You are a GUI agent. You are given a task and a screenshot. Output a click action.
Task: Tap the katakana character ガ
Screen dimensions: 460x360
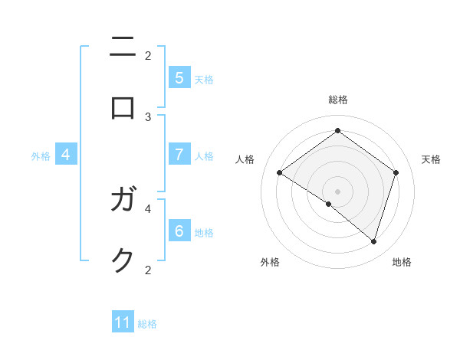click(x=123, y=201)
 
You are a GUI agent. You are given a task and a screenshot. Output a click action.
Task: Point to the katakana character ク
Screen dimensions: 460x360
click(x=123, y=260)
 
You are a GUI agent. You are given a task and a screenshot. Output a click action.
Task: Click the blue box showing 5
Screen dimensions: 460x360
click(x=179, y=77)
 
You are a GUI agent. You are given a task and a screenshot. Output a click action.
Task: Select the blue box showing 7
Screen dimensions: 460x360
click(x=179, y=155)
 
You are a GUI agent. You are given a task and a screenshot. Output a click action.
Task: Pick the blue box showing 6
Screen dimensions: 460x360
click(x=179, y=231)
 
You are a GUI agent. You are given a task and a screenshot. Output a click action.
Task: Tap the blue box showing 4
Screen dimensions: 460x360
click(x=66, y=155)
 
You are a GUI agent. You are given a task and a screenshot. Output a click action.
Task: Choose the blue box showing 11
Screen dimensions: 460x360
click(x=123, y=322)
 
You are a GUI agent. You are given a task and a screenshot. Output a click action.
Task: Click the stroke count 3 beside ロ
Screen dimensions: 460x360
click(x=148, y=117)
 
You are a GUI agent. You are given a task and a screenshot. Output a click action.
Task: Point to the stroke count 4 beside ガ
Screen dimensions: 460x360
click(x=148, y=208)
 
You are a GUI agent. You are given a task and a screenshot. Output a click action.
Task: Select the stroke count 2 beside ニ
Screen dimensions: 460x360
click(x=148, y=55)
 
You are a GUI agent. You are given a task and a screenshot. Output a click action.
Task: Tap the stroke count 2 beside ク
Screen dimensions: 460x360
click(x=148, y=270)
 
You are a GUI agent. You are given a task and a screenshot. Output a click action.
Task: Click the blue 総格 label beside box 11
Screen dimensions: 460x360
click(x=147, y=324)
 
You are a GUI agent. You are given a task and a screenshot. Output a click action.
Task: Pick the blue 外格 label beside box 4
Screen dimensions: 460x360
click(x=41, y=156)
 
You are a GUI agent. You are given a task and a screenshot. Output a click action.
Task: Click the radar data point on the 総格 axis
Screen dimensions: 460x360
click(x=337, y=131)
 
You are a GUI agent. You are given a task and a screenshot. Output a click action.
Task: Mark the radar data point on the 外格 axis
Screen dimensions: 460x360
click(x=328, y=204)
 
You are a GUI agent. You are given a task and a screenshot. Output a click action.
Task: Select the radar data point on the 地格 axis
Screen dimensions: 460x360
click(x=373, y=241)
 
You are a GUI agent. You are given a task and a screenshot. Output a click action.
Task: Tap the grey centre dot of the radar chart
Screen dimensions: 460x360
click(x=337, y=191)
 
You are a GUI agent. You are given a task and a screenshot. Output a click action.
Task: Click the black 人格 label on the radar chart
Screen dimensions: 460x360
click(x=245, y=159)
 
